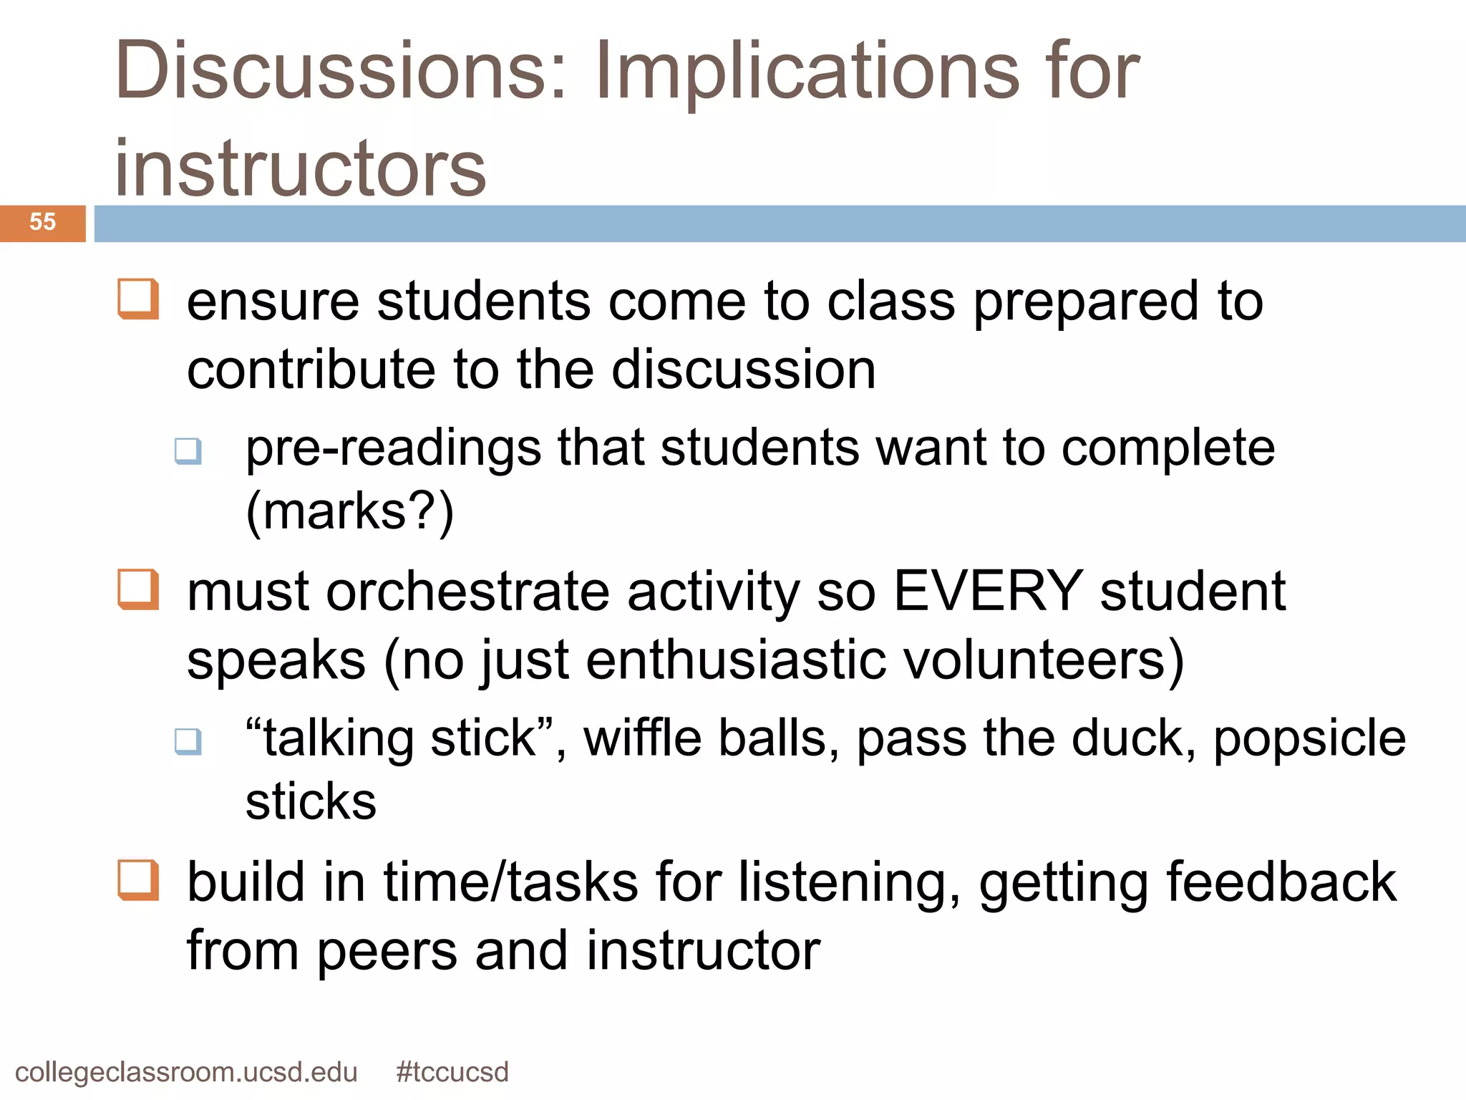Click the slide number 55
(42, 222)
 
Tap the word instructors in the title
(301, 168)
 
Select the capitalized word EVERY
(988, 592)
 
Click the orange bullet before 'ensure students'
(138, 299)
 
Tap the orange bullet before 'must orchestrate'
(138, 589)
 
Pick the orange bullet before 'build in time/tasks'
(138, 879)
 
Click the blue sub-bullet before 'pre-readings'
(188, 451)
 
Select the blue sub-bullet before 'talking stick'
(188, 741)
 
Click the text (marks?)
(350, 511)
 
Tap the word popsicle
(1309, 739)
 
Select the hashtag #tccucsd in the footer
(452, 1072)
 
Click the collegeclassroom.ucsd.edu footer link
(186, 1072)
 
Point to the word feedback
(1281, 882)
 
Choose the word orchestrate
(468, 592)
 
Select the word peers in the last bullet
(387, 951)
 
